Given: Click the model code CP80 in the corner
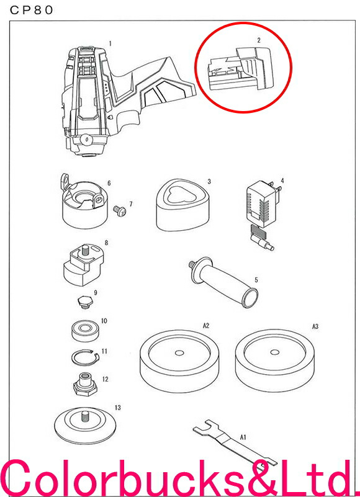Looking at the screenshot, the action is (x=31, y=10).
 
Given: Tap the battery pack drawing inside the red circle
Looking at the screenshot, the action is (x=240, y=69).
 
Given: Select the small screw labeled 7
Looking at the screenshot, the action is (x=120, y=210).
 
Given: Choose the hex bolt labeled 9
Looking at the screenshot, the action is (x=85, y=301).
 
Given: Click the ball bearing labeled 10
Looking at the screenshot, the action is (x=84, y=331).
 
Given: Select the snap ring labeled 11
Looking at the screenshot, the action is (x=85, y=358).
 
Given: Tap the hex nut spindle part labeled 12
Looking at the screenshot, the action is (x=84, y=383).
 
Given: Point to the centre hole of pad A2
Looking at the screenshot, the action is (x=179, y=353).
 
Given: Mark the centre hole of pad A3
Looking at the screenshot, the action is (x=275, y=352).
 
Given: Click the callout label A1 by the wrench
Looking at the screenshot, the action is (x=243, y=437).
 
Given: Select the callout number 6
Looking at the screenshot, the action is (x=109, y=183).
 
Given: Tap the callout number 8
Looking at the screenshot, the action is (x=106, y=243).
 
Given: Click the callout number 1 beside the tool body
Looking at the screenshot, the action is (x=110, y=43).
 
